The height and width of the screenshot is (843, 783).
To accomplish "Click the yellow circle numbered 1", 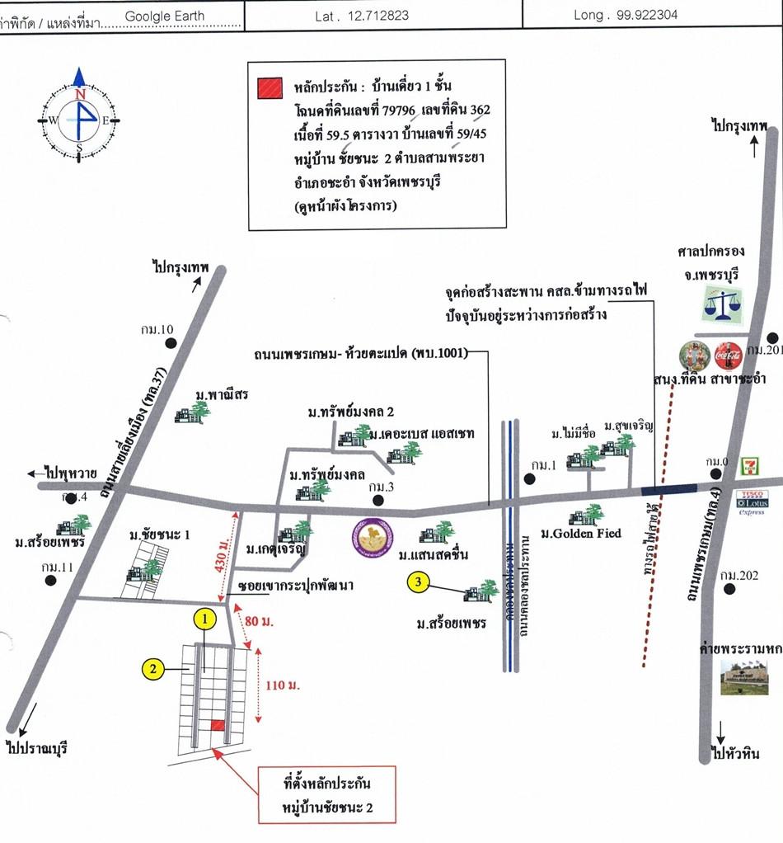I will (205, 617).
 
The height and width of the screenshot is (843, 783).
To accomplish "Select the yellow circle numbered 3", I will (420, 583).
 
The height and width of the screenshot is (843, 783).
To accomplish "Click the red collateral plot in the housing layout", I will (216, 725).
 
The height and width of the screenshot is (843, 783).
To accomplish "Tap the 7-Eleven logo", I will (748, 467).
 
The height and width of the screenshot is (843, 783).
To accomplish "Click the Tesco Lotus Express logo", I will (753, 502).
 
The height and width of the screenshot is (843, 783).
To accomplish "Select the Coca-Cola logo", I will (729, 356).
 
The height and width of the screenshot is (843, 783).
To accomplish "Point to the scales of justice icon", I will (722, 304).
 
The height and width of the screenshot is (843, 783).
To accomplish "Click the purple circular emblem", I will (368, 537).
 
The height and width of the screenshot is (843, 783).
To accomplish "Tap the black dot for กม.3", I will (378, 500).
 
